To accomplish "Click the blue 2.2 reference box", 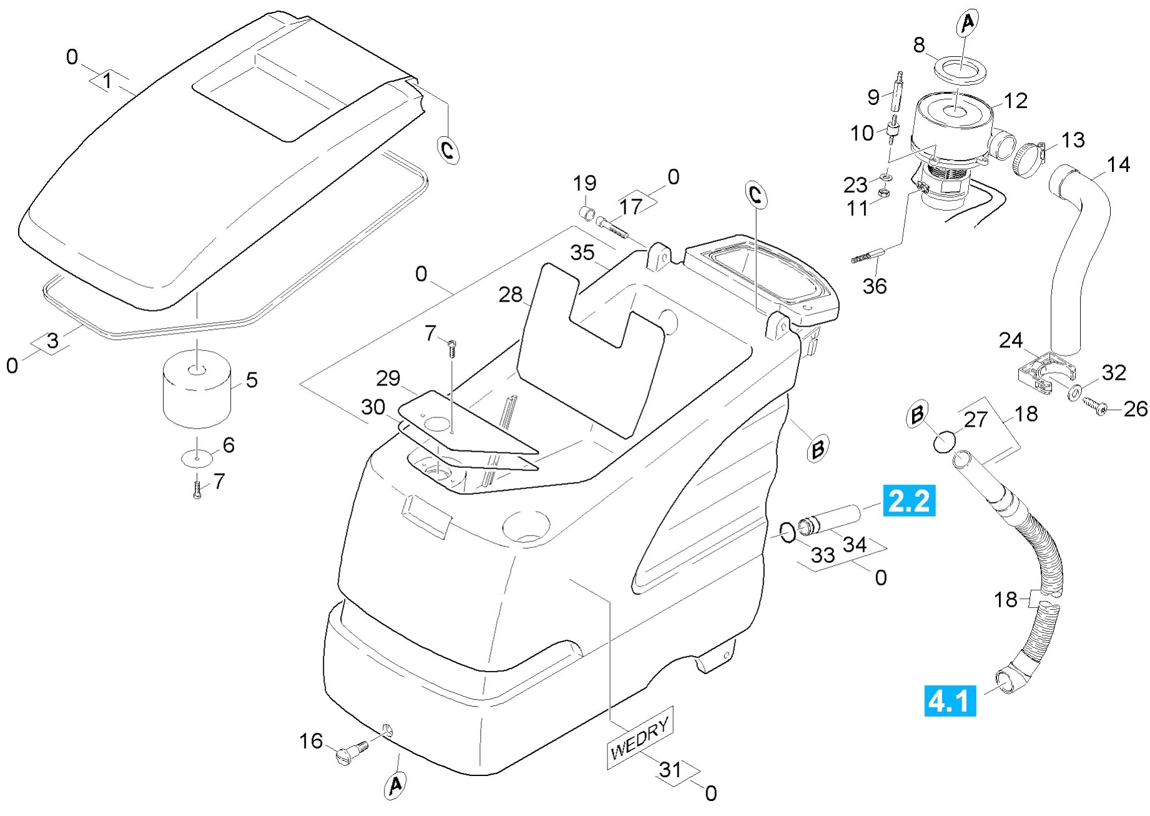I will (x=908, y=500).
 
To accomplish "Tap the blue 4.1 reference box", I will (x=950, y=700).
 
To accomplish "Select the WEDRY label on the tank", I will (x=639, y=738).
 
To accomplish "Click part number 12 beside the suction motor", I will (x=1016, y=101).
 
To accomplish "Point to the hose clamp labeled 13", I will (x=1028, y=160).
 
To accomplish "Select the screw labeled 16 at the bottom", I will (x=350, y=752).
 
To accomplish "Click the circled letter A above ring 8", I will (x=967, y=24).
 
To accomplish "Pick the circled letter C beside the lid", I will (x=448, y=150).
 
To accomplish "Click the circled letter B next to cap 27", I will (x=917, y=415).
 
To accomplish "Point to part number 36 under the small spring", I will (x=874, y=286).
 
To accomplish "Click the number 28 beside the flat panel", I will (x=510, y=294).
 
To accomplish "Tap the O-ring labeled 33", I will (x=788, y=532).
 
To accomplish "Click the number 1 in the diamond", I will (x=107, y=81).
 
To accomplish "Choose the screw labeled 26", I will (x=1093, y=406).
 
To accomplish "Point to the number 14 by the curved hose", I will (x=1118, y=164).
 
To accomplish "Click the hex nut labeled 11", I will (x=883, y=193).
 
